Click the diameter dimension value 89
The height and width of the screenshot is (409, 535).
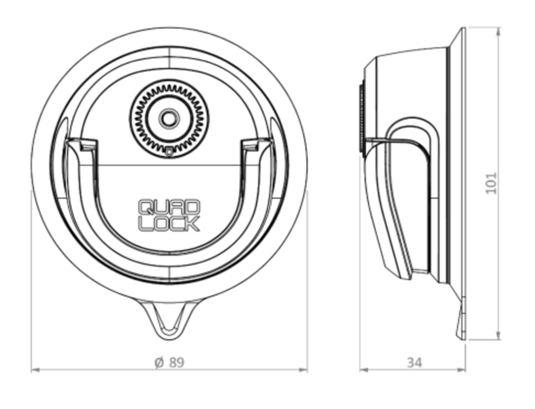[176, 362]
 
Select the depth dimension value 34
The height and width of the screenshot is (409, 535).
[414, 362]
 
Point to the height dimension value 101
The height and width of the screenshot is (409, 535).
[491, 183]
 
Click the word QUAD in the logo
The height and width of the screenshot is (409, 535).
[169, 207]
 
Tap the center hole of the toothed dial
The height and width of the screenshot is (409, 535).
[168, 117]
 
